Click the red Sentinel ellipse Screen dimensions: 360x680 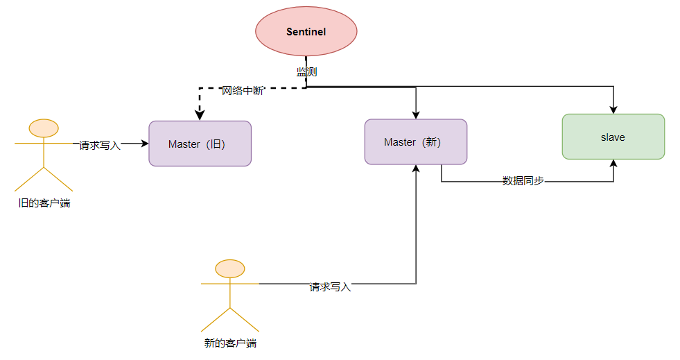coord(306,32)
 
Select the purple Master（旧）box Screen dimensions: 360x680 coord(200,144)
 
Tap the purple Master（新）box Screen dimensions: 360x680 coord(416,142)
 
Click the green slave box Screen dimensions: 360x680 coord(613,137)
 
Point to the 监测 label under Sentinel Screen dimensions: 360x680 coord(306,71)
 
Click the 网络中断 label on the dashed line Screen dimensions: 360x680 coord(242,91)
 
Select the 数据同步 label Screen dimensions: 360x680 coord(523,180)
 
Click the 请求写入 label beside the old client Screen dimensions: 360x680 coord(100,145)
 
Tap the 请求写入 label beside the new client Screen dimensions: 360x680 coord(330,286)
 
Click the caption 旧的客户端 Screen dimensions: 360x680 coord(44,203)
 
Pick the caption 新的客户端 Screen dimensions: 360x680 coord(230,343)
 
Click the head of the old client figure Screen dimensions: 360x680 coord(44,128)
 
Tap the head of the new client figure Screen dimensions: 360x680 coord(230,268)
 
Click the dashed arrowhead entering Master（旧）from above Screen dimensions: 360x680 coord(200,116)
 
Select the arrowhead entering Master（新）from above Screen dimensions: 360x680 coord(416,114)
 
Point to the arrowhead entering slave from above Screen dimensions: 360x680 coord(613,110)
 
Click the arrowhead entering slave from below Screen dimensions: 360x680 coord(613,164)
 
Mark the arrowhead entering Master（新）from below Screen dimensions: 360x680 coord(416,169)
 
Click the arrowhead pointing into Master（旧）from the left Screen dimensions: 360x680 coord(144,144)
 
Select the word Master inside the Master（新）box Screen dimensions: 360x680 coord(400,142)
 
